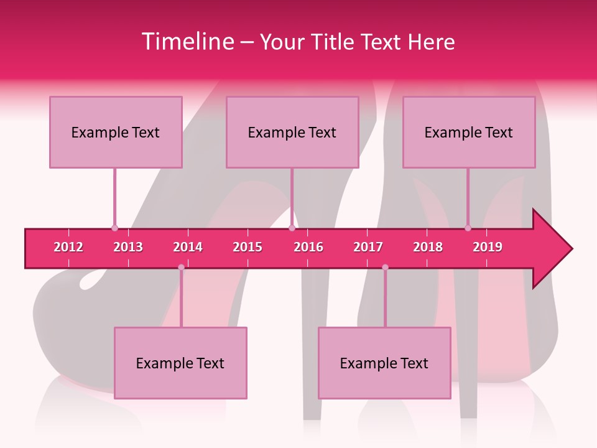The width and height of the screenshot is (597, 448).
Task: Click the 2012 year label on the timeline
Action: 68,247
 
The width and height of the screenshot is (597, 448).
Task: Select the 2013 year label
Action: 128,247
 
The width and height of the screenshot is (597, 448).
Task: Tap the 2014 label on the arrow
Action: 188,247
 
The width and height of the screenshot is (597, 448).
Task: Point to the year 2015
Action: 248,247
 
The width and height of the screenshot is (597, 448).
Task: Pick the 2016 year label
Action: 308,247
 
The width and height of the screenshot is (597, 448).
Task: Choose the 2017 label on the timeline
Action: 368,247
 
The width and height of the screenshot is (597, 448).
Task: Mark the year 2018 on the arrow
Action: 428,247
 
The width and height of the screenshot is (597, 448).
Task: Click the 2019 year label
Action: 488,247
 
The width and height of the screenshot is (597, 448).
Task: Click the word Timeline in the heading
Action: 186,42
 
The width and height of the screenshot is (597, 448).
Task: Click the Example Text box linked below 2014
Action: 180,363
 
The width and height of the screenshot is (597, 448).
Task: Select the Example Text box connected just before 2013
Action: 116,132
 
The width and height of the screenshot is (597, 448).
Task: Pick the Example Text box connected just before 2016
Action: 292,132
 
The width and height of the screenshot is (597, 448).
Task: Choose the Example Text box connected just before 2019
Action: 469,132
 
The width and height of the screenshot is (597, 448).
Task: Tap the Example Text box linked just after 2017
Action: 384,363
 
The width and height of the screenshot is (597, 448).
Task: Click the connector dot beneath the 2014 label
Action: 181,268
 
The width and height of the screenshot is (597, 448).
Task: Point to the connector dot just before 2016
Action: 292,228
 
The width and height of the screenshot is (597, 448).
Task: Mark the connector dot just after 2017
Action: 385,268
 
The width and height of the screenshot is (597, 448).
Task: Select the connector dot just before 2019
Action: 468,228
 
